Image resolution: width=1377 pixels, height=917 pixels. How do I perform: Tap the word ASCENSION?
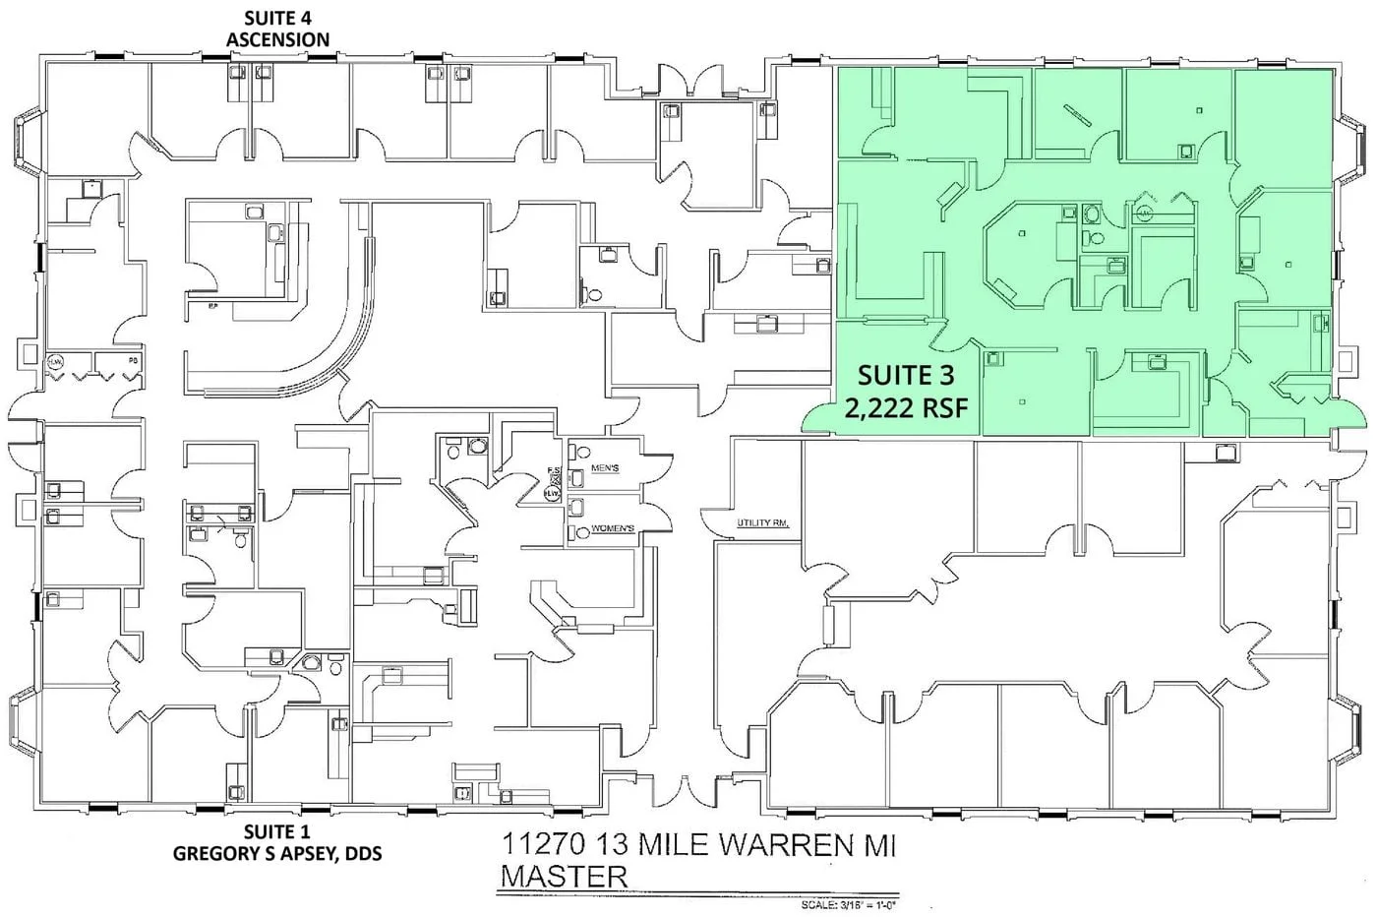pos(277,39)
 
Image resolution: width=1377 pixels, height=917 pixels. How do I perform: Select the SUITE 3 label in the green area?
pos(905,375)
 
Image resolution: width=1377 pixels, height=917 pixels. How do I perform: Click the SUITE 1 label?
pos(277,832)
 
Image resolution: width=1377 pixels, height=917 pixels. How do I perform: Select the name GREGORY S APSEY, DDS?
pos(277,853)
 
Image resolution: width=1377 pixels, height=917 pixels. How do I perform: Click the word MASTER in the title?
pos(563,876)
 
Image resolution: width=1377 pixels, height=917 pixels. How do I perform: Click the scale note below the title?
pos(850,902)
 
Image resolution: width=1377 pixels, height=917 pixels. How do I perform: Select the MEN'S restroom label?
pos(605,469)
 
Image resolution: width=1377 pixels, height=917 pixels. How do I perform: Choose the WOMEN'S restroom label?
pos(612,529)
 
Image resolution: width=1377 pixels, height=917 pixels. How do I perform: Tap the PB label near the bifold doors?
pos(133,361)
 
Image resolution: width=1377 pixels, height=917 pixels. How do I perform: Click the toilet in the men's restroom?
pos(575,469)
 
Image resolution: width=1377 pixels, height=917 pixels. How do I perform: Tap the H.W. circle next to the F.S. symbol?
pos(553,494)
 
